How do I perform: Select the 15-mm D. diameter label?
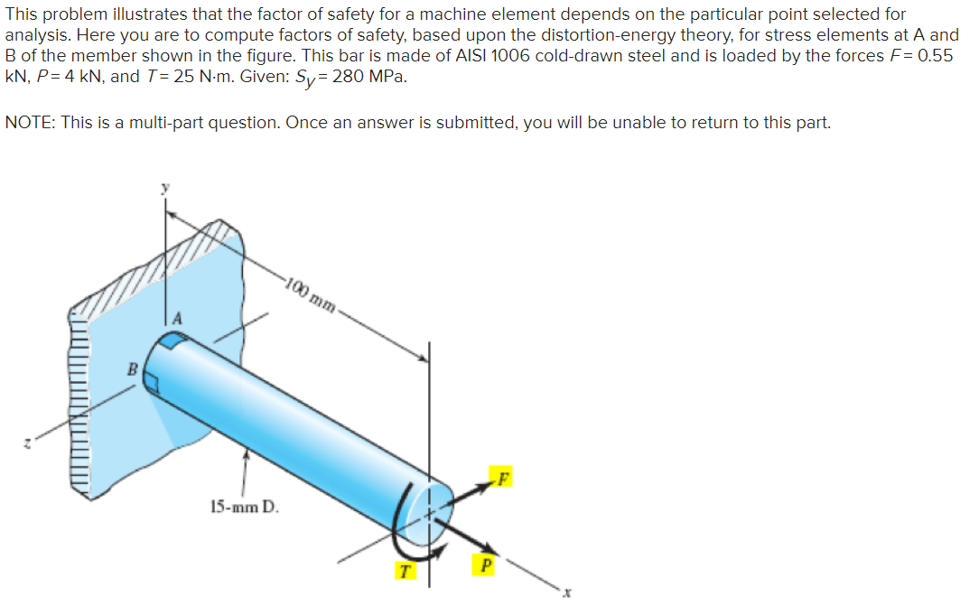point(246,507)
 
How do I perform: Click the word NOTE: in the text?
point(30,123)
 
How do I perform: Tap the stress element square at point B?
point(152,384)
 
